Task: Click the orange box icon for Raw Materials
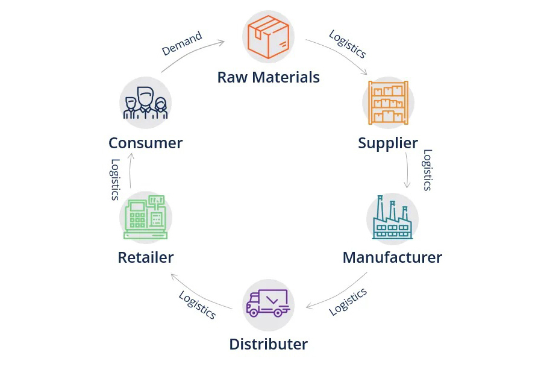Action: coord(268,37)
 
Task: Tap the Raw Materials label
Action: coord(269,77)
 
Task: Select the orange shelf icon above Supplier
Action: coord(388,102)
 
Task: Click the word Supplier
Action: coord(388,143)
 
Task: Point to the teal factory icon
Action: coord(393,218)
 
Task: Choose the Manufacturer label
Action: coord(393,257)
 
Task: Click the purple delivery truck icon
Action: coord(268,303)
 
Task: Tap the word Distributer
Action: coord(268,344)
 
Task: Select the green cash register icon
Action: coord(145,218)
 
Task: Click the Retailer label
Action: coord(145,257)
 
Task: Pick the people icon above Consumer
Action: coord(145,102)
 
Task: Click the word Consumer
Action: coord(145,143)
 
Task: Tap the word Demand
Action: coord(182,43)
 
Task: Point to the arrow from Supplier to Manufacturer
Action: coord(408,171)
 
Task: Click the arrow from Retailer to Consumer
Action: coord(130,171)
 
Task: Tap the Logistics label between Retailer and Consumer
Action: coord(115,180)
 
